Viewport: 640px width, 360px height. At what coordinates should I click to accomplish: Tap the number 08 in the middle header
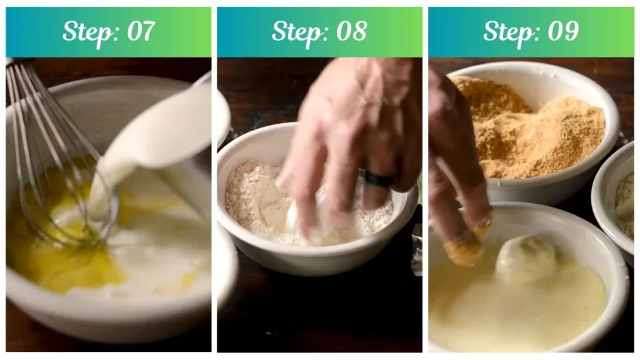click(351, 31)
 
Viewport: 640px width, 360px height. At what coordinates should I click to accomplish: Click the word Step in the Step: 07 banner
click(86, 31)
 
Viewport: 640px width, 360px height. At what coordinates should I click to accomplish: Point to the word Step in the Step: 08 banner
click(297, 31)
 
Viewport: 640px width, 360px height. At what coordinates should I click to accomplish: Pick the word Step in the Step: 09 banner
click(508, 31)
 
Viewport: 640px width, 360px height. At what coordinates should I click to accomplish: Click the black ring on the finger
click(379, 179)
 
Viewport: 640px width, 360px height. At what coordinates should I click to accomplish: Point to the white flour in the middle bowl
click(250, 200)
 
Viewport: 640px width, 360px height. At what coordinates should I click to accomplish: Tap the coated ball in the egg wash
click(526, 259)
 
